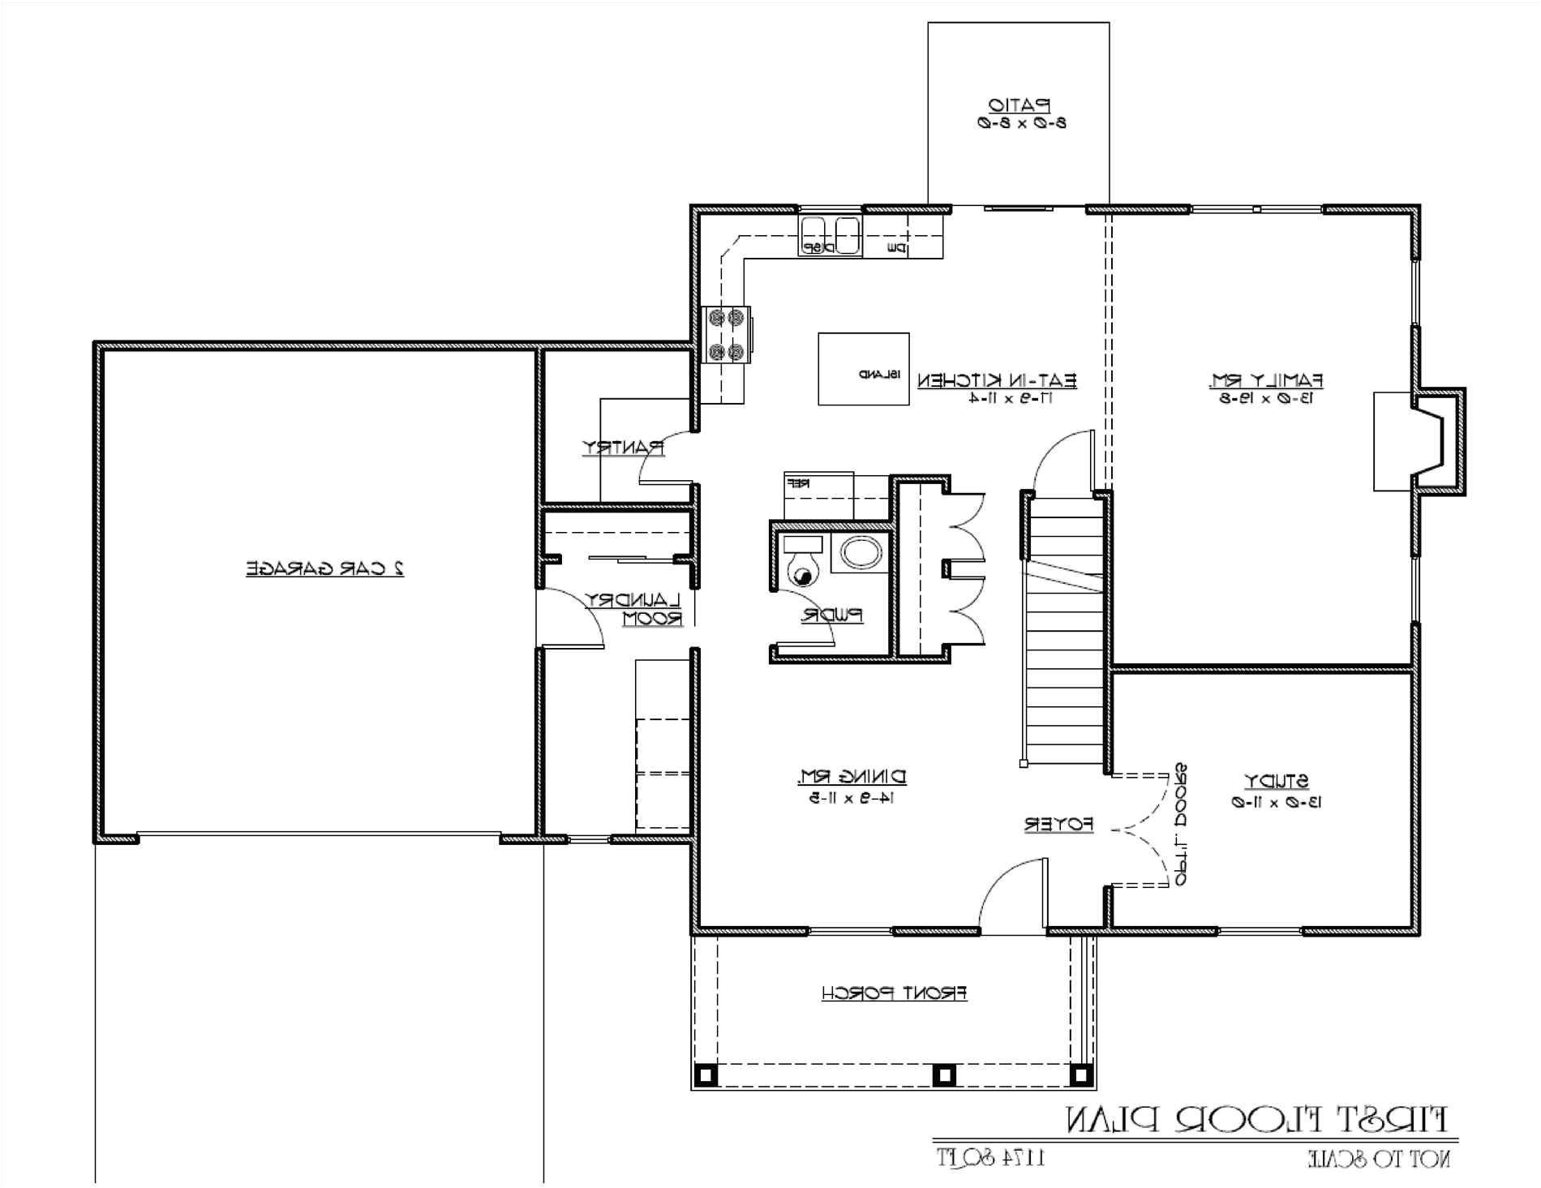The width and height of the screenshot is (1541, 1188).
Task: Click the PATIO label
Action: (x=1019, y=105)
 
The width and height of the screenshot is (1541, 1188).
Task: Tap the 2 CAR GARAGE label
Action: (x=325, y=568)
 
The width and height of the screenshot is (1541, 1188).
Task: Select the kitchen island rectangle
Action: (x=863, y=368)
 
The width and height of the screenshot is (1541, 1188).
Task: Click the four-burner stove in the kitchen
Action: (x=726, y=334)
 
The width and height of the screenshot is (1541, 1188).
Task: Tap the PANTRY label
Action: (x=623, y=448)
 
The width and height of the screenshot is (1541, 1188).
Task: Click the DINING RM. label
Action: (x=852, y=777)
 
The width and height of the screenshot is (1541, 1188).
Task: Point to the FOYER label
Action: (x=1058, y=825)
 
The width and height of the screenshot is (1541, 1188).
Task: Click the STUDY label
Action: (x=1277, y=782)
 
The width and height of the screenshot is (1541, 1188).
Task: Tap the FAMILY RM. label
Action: (x=1267, y=380)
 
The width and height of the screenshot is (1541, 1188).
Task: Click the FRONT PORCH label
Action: (x=894, y=993)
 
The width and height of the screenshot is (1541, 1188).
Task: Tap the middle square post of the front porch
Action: (x=942, y=1075)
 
